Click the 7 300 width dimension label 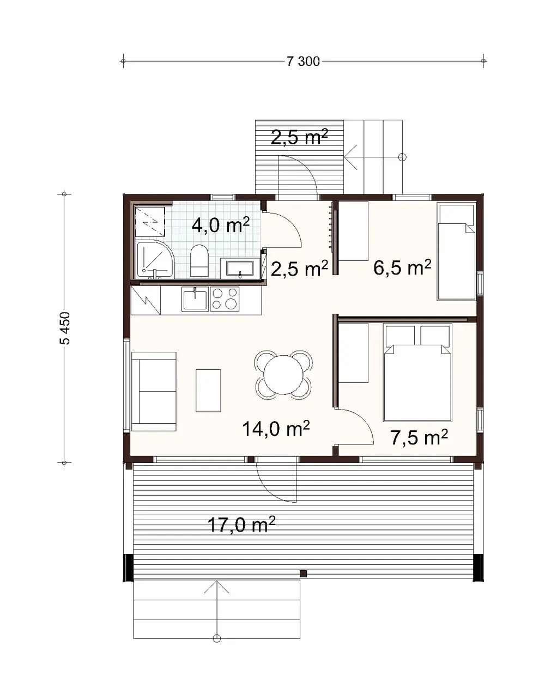[303, 62]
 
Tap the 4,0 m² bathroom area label [221, 224]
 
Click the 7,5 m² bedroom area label [419, 437]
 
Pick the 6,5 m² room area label [402, 267]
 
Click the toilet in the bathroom [199, 260]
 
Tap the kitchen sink [195, 300]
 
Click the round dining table [284, 375]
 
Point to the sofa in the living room [154, 391]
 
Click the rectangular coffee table [209, 391]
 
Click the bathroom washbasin [237, 269]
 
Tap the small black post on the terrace [304, 573]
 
